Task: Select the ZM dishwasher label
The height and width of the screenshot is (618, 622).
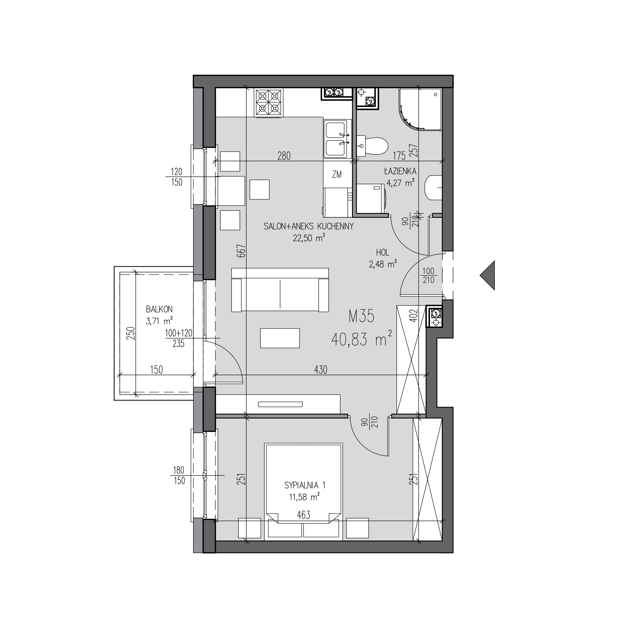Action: click(337, 175)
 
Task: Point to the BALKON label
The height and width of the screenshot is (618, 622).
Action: click(159, 309)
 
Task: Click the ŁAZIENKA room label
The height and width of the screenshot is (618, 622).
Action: click(400, 171)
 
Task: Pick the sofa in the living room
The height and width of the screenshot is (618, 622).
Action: click(280, 290)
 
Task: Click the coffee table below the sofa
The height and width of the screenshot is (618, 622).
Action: click(280, 338)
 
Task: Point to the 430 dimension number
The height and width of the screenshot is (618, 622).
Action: click(321, 369)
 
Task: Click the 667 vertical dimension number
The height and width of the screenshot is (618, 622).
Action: click(242, 251)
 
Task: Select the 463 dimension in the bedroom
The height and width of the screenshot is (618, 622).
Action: click(304, 515)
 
